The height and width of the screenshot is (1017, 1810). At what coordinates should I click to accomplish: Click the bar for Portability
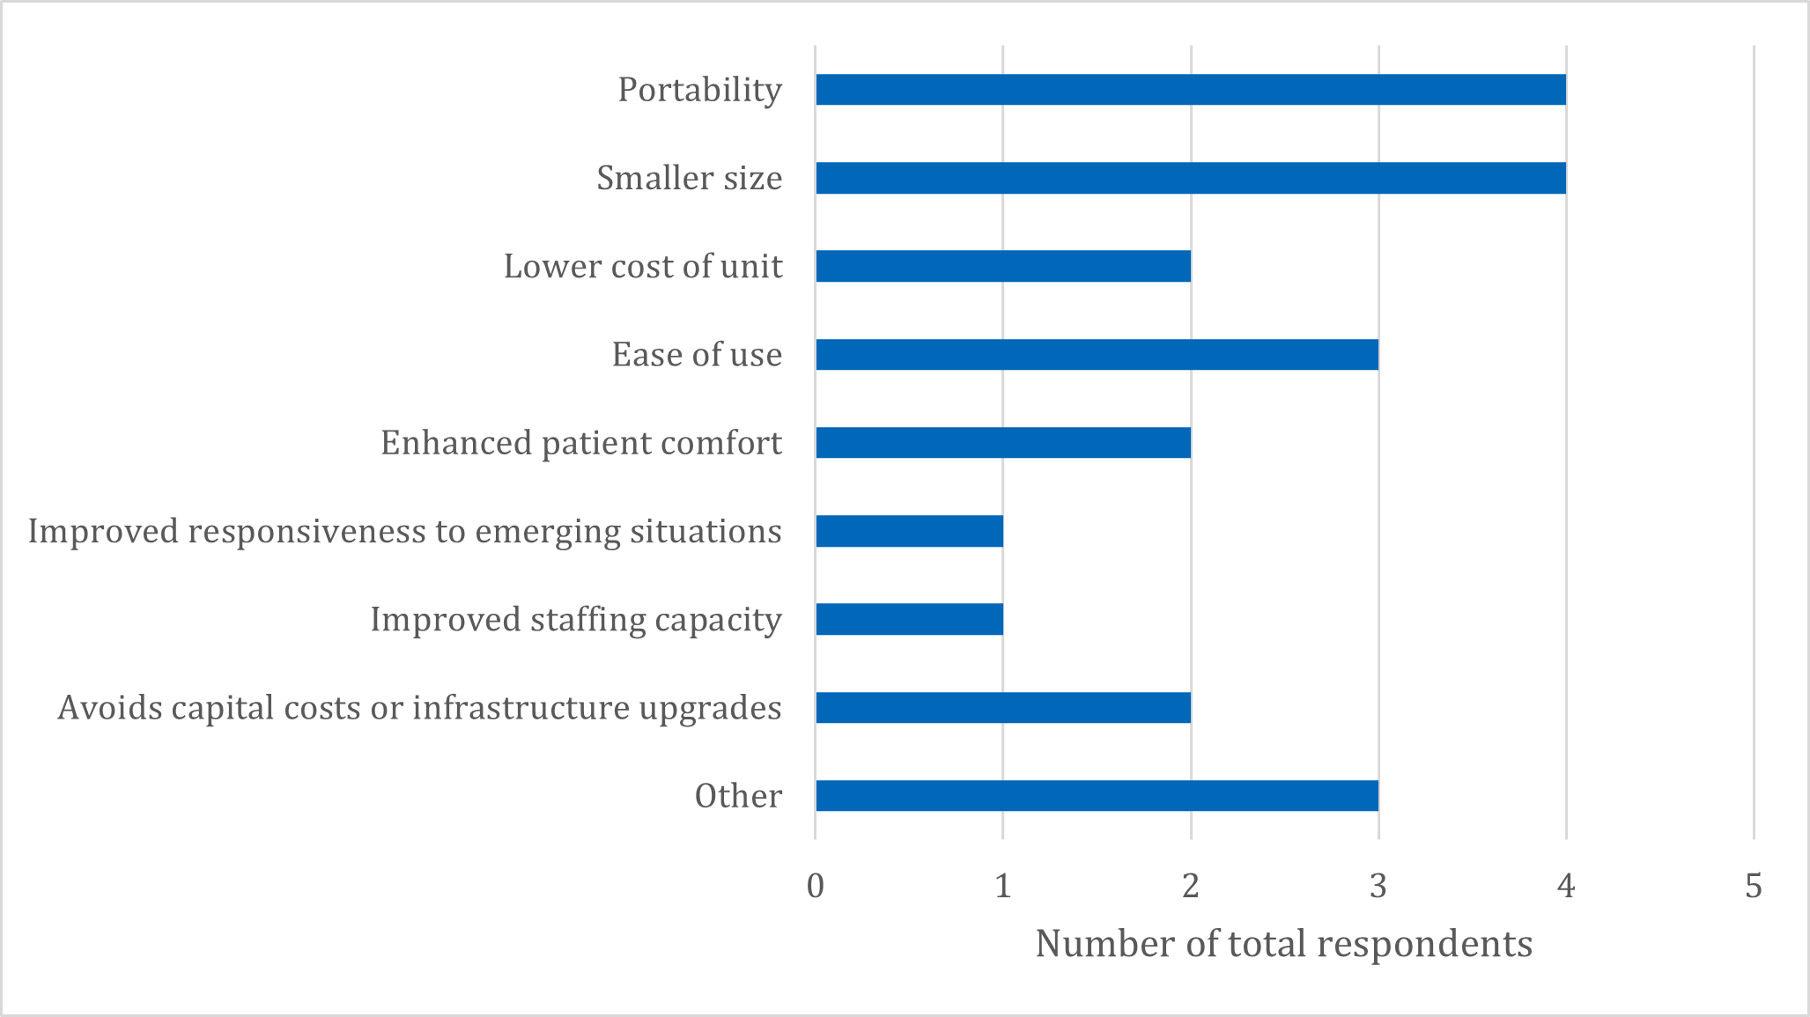tap(1190, 90)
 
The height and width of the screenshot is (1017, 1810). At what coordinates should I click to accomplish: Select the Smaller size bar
tap(1190, 178)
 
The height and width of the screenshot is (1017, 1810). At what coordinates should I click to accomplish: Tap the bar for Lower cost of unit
tap(1002, 266)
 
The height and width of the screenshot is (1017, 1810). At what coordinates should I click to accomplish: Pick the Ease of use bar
tap(1097, 354)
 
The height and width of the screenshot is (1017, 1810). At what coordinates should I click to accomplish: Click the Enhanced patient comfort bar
tap(1002, 443)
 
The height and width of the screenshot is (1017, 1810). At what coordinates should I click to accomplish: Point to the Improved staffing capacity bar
tap(909, 619)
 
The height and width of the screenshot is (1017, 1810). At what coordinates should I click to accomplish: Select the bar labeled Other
tap(1097, 796)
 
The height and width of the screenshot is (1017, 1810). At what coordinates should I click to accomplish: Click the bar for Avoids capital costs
tap(1002, 708)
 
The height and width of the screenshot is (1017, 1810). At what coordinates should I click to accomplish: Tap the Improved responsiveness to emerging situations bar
tap(909, 531)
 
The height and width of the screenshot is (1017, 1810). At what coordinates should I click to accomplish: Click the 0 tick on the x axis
tap(816, 886)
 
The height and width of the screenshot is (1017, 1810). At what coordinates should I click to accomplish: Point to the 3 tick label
tap(1378, 886)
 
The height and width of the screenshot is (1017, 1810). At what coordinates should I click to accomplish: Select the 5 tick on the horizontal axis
tap(1754, 886)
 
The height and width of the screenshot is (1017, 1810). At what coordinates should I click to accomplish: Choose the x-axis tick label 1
tap(1003, 886)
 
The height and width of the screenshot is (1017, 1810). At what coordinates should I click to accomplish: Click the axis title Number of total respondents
tap(1283, 945)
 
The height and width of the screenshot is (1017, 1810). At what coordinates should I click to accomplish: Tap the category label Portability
tap(699, 90)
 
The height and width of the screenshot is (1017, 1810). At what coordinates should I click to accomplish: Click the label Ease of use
tap(697, 355)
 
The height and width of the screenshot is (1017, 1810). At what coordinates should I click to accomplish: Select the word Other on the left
tap(738, 796)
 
